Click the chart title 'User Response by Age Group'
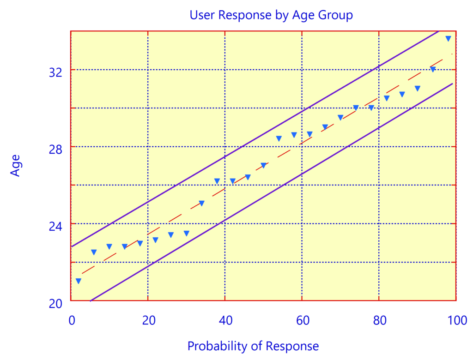point(271,15)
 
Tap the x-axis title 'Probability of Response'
point(253,346)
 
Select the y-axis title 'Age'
point(16,166)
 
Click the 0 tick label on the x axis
point(71,320)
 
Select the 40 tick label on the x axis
point(225,320)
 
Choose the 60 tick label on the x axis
point(302,320)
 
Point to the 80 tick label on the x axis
point(379,320)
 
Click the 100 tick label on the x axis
point(455,320)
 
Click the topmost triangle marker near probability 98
point(448,38)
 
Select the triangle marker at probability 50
point(263,165)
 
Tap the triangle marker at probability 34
point(202,203)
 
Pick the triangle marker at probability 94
point(433,69)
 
